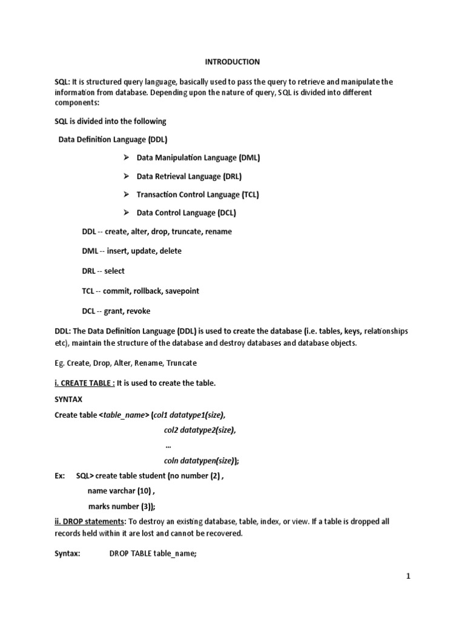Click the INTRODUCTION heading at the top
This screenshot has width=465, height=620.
[x=232, y=62]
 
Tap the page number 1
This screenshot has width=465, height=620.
[x=408, y=576]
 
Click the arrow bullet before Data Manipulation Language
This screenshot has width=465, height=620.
[x=127, y=157]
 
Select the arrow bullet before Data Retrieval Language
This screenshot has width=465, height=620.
[x=127, y=176]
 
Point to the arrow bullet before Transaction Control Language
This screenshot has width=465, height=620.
[x=127, y=194]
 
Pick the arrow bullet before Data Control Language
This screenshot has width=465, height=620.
[x=127, y=213]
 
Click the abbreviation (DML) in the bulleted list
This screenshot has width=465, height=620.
[x=249, y=158]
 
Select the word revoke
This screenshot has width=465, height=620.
[x=137, y=311]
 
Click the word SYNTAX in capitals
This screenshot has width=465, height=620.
[x=68, y=400]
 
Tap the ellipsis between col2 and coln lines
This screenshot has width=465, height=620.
[x=168, y=445]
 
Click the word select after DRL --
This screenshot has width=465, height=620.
[x=114, y=271]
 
